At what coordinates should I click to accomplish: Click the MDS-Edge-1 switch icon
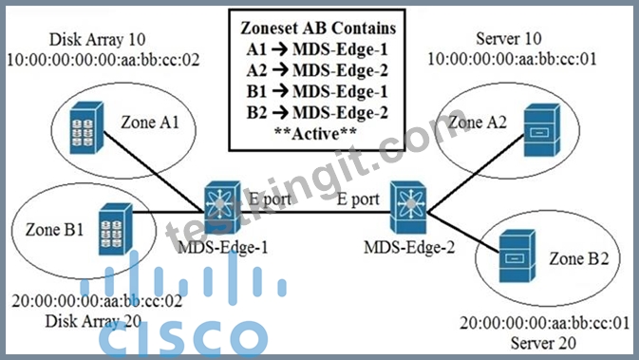point(222,207)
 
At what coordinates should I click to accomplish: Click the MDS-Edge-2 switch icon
point(408,207)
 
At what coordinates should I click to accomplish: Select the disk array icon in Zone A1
point(86,128)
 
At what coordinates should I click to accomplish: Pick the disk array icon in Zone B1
point(116,229)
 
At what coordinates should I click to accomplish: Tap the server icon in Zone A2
point(542,130)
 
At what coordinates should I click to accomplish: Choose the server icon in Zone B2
point(517,256)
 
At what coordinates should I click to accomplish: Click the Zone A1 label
point(150,123)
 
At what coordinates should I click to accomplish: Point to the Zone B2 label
point(578,258)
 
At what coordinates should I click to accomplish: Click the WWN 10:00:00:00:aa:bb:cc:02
point(103,61)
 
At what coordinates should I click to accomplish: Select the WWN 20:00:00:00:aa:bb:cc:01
point(545,323)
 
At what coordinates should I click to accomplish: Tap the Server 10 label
point(509,39)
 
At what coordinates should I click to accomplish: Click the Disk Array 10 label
point(98,40)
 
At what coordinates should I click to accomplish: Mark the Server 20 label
point(543,343)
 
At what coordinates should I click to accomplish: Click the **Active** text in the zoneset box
point(316,134)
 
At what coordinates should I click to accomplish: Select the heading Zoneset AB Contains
point(318,28)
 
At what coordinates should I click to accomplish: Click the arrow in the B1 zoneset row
point(280,92)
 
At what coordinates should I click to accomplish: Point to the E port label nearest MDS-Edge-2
point(358,199)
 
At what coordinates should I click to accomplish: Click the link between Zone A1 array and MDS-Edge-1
point(153,172)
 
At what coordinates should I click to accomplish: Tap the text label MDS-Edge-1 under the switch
point(223,247)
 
